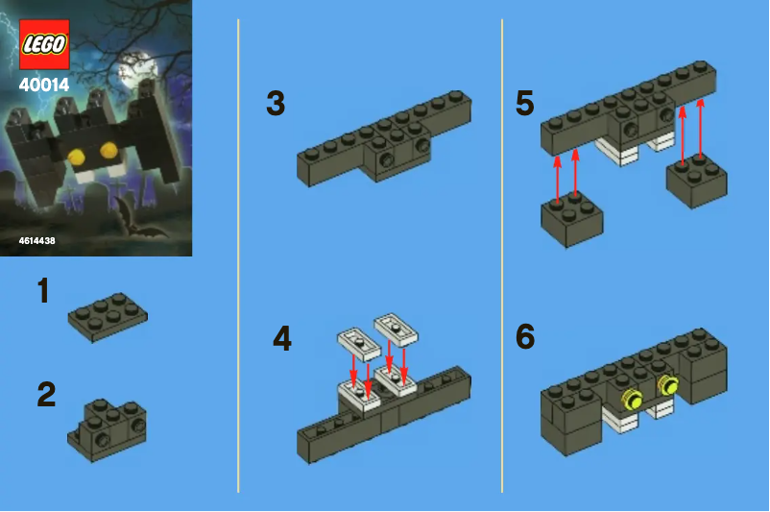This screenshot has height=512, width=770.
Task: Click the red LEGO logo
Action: (44, 43)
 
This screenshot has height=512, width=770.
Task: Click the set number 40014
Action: (44, 85)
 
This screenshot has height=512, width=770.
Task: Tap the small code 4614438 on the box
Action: (36, 241)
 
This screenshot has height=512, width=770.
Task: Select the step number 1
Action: (42, 292)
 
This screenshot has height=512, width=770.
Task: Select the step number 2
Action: (46, 395)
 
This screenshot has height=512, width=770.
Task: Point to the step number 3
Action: (276, 104)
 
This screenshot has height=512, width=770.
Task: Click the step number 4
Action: (282, 338)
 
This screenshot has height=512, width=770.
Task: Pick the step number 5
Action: (524, 104)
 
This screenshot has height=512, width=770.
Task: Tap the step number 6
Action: (524, 337)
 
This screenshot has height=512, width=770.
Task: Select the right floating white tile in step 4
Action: (397, 329)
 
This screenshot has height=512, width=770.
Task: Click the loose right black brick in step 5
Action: (697, 180)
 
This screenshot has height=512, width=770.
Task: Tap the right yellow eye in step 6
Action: (666, 386)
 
